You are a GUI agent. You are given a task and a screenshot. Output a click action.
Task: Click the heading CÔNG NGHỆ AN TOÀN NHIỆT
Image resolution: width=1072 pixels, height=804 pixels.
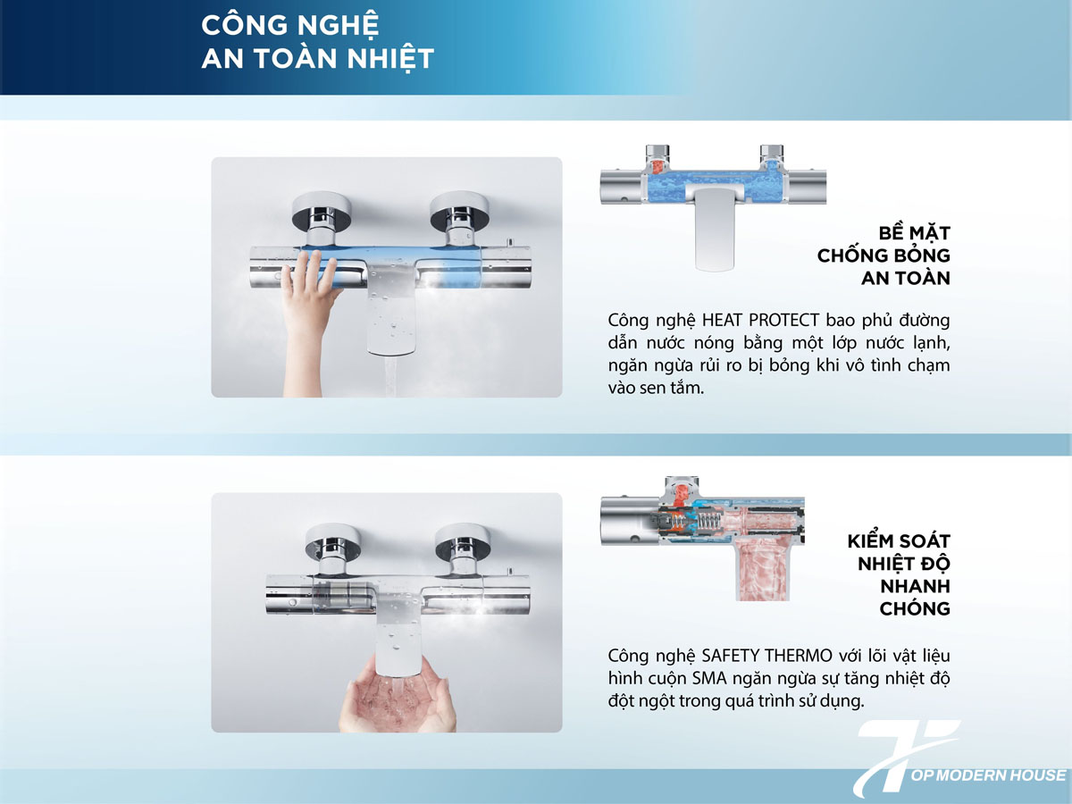pyautogui.click(x=317, y=40)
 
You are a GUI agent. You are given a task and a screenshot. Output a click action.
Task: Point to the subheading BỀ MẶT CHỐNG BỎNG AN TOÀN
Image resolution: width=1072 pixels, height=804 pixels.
pyautogui.click(x=884, y=255)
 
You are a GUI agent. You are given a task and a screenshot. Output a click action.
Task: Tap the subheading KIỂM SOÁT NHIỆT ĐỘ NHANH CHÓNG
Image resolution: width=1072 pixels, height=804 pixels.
pyautogui.click(x=898, y=574)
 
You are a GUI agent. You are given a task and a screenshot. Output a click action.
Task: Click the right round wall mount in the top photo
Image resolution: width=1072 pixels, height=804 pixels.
pyautogui.click(x=457, y=214)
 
